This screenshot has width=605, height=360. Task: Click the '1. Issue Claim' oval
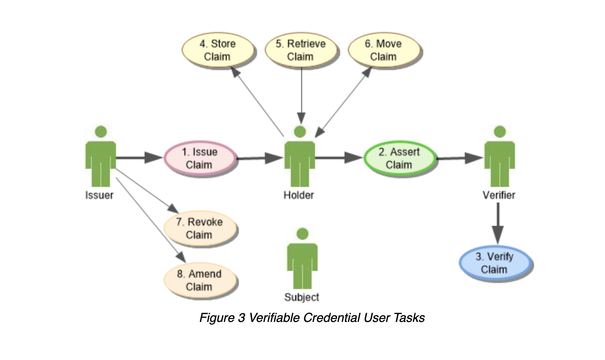pyautogui.click(x=200, y=158)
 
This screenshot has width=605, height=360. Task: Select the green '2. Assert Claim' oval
pyautogui.click(x=400, y=158)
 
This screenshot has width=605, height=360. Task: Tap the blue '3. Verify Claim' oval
pyautogui.click(x=495, y=263)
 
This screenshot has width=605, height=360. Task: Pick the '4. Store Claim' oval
pyautogui.click(x=217, y=50)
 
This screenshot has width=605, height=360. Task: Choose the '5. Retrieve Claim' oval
pyautogui.click(x=301, y=50)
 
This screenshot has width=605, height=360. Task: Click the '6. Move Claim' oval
pyautogui.click(x=383, y=50)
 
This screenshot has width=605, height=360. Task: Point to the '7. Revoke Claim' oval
pyautogui.click(x=200, y=228)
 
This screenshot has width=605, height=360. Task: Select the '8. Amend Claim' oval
pyautogui.click(x=200, y=280)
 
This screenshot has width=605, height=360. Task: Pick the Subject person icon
pyautogui.click(x=302, y=260)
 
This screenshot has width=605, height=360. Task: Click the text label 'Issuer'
pyautogui.click(x=99, y=195)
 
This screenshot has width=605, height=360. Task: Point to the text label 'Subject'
pyautogui.click(x=302, y=297)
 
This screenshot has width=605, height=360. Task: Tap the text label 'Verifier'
pyautogui.click(x=499, y=195)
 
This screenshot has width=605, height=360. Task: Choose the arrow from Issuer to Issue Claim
pyautogui.click(x=138, y=157)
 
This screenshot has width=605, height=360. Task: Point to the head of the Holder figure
pyautogui.click(x=298, y=131)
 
